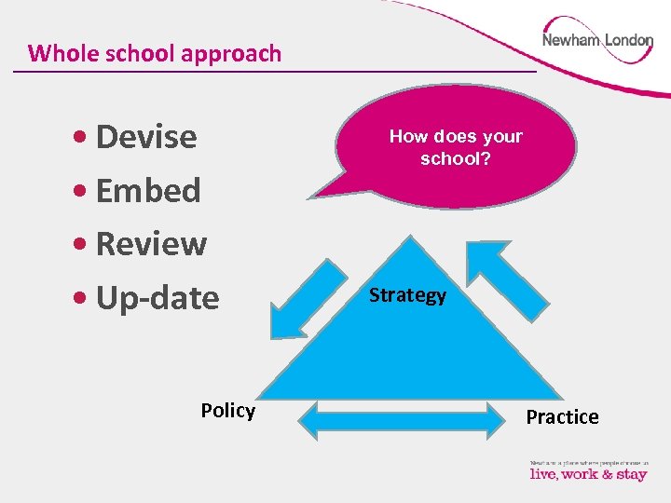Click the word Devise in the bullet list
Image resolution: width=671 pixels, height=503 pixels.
pyautogui.click(x=146, y=137)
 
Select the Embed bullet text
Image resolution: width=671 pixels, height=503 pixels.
pyautogui.click(x=148, y=190)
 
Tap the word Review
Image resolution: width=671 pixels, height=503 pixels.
pyautogui.click(x=151, y=244)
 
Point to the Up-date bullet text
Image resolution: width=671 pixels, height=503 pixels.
pyautogui.click(x=157, y=298)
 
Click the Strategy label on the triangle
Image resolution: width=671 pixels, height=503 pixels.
pyautogui.click(x=407, y=295)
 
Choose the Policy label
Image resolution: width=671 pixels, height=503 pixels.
pyautogui.click(x=227, y=411)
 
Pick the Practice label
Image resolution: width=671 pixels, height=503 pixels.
pyautogui.click(x=562, y=416)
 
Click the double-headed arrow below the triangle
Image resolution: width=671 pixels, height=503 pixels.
pyautogui.click(x=402, y=421)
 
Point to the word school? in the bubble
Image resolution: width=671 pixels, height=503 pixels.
pyautogui.click(x=456, y=158)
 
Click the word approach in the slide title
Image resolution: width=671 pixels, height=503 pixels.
pyautogui.click(x=231, y=53)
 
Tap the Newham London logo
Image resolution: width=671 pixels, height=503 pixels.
pyautogui.click(x=597, y=41)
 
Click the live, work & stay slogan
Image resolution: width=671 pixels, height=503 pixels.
pyautogui.click(x=588, y=473)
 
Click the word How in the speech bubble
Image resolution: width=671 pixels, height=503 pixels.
pyautogui.click(x=407, y=136)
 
